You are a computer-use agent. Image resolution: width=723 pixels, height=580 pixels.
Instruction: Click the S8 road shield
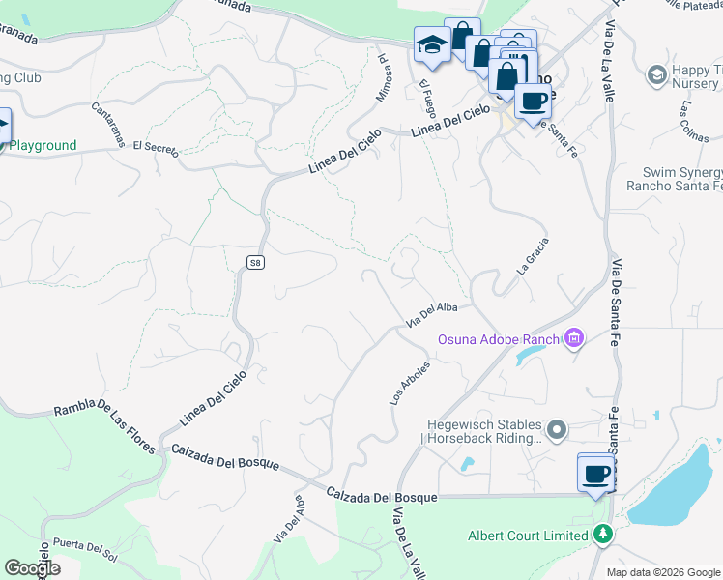[254, 262]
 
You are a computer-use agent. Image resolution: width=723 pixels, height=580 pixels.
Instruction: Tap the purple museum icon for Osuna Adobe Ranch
[575, 338]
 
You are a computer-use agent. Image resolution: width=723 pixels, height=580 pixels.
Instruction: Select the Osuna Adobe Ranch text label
[499, 339]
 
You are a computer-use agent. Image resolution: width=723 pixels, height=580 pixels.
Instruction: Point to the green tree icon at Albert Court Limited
[603, 535]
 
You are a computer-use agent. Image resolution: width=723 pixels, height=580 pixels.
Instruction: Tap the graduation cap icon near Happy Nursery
[657, 74]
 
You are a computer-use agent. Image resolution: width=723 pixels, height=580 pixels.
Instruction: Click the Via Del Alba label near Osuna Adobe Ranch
[431, 314]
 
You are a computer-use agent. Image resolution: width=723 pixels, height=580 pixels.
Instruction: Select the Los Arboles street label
[408, 383]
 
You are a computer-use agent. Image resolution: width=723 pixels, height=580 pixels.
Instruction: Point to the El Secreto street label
[156, 148]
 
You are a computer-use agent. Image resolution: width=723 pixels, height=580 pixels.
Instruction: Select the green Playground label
[43, 146]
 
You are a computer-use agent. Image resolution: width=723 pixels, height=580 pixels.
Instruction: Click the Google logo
[32, 568]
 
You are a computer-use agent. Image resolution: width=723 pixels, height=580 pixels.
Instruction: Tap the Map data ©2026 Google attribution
[664, 572]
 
